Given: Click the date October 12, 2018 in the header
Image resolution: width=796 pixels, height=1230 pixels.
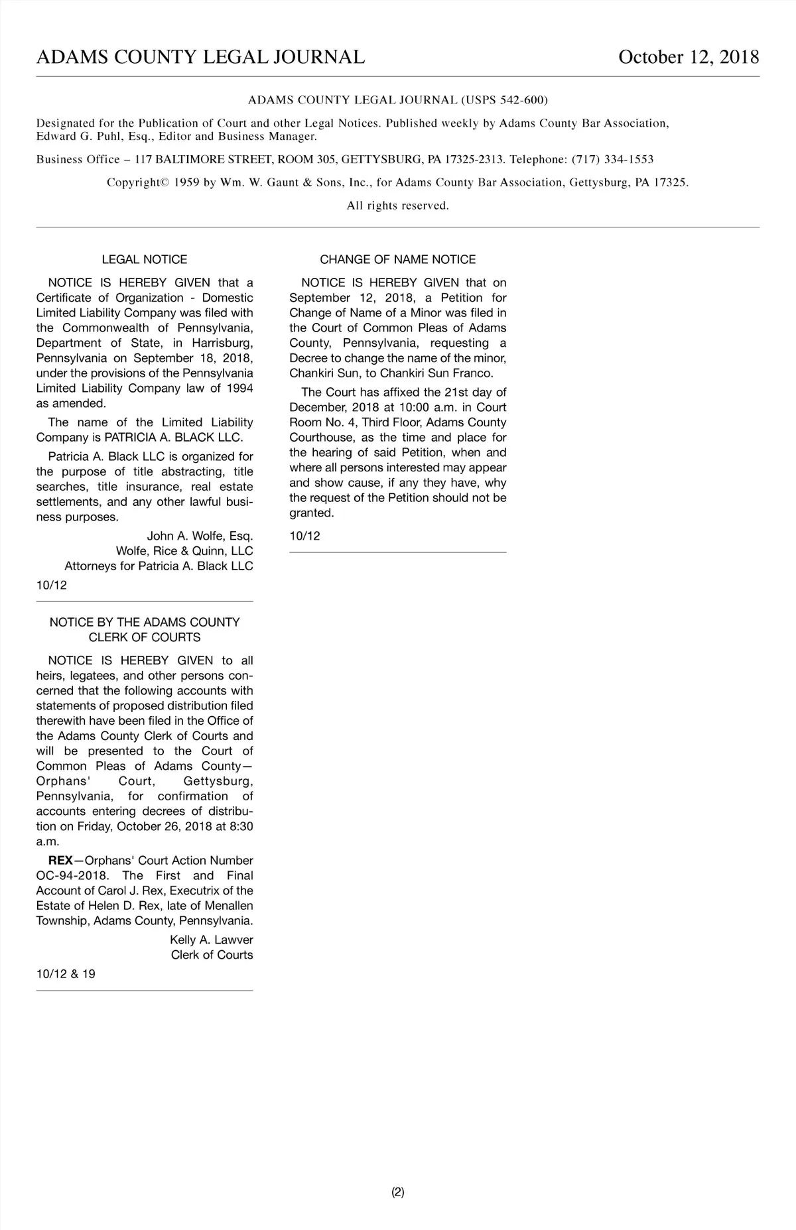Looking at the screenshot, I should click(x=688, y=57).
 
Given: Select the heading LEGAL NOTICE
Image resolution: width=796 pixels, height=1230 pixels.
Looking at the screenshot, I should click(x=145, y=259).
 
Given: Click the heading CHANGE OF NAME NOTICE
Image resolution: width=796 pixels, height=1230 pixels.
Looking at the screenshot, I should click(x=397, y=259).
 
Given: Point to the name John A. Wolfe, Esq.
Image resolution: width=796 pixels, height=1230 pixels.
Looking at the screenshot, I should click(x=200, y=536).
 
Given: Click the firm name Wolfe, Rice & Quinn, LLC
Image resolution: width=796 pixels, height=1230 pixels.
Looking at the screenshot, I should click(x=184, y=551).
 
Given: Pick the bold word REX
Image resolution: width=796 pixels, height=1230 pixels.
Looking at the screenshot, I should click(x=60, y=860).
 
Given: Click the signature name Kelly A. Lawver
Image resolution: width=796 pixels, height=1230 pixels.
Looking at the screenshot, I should click(x=211, y=940).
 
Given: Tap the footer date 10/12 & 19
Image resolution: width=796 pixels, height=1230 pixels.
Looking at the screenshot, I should click(x=66, y=974).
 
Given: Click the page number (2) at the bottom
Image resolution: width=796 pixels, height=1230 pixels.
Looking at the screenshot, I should click(x=397, y=1192).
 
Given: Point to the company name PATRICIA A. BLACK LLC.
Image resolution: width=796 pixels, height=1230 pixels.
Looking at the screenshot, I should click(x=174, y=438).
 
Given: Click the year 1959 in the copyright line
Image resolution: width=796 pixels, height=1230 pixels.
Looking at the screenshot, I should click(x=187, y=182).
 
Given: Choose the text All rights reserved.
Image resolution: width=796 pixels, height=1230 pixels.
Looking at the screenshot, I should click(x=397, y=206).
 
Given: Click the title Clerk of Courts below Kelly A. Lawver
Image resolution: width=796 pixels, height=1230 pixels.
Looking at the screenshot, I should click(x=212, y=955).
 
